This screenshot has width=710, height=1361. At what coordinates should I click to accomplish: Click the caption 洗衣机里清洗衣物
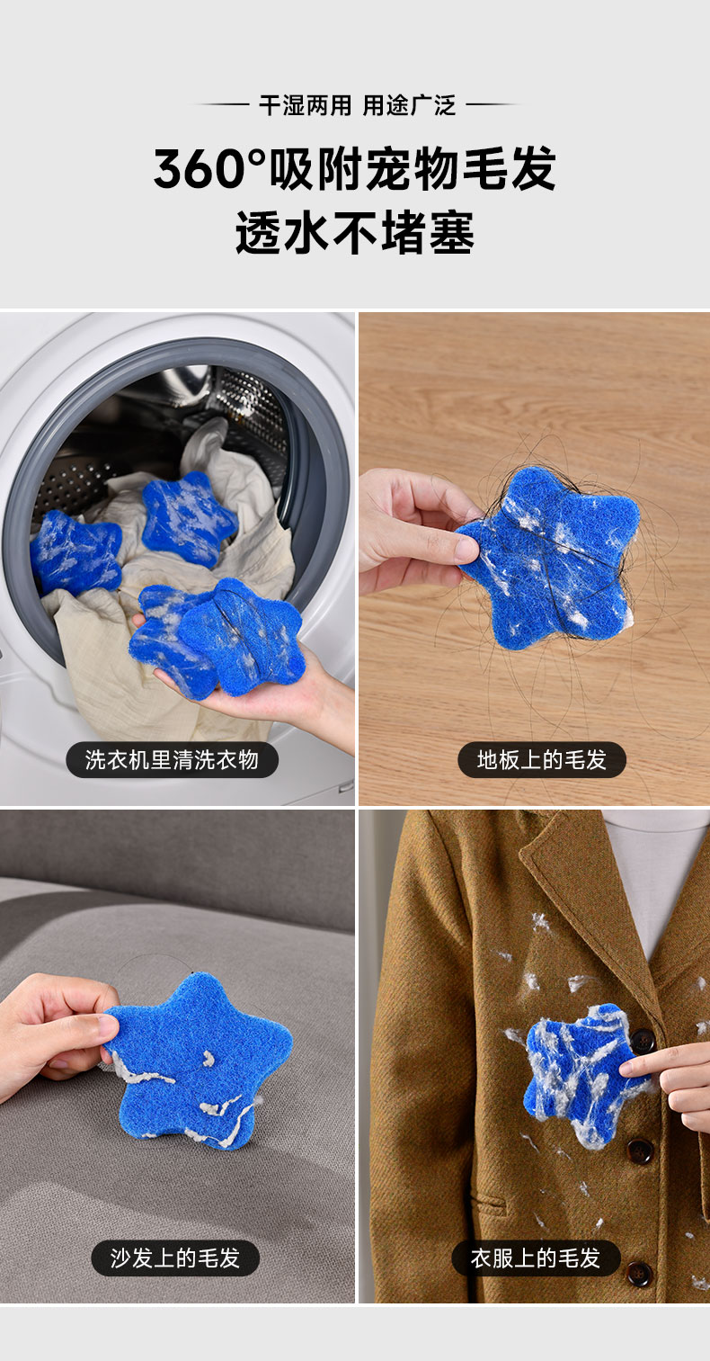[172, 759]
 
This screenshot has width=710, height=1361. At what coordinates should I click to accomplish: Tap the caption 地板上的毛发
[541, 759]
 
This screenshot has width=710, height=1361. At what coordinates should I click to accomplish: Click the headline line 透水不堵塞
[355, 233]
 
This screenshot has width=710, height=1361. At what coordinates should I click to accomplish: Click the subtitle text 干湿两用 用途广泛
[357, 106]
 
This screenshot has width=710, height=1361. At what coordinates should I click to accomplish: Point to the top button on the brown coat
[643, 1040]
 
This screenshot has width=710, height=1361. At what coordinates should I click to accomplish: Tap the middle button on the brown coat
[640, 1151]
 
